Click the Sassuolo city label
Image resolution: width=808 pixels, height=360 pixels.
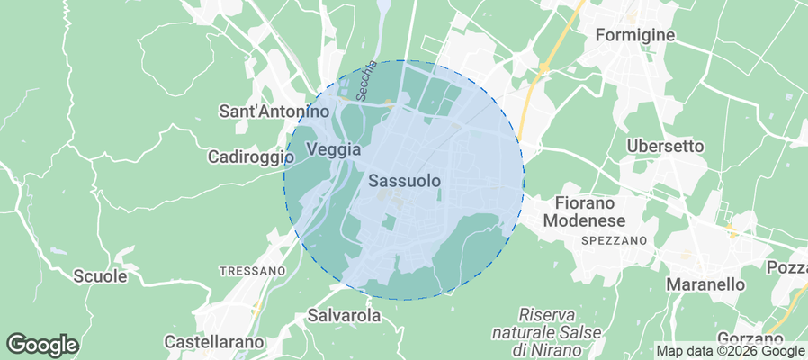pyautogui.click(x=405, y=181)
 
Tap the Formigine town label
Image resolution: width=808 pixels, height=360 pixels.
pyautogui.click(x=635, y=36)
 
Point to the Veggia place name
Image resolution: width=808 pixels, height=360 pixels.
pyautogui.click(x=333, y=149)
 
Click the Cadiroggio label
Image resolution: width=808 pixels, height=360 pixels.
pyautogui.click(x=251, y=157)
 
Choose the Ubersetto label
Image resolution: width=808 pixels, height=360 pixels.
pyautogui.click(x=665, y=146)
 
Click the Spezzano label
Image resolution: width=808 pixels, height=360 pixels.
pyautogui.click(x=615, y=241)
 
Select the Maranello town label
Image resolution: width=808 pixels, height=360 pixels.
pyautogui.click(x=705, y=284)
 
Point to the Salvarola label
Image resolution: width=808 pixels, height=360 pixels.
pyautogui.click(x=344, y=316)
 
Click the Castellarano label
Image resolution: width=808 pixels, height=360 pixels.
pyautogui.click(x=214, y=342)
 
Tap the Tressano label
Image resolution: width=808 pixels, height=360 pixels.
pyautogui.click(x=252, y=270)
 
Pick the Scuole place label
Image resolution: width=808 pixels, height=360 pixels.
pyautogui.click(x=99, y=276)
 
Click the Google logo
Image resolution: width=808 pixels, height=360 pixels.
pyautogui.click(x=42, y=344)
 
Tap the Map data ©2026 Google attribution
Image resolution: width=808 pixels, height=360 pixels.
pyautogui.click(x=730, y=351)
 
